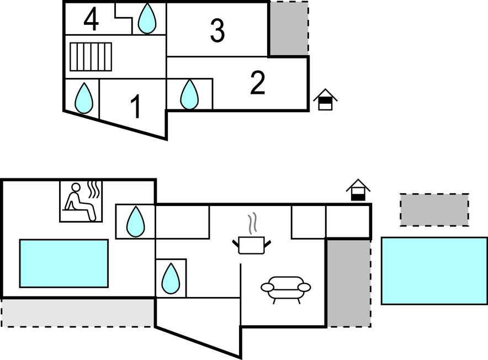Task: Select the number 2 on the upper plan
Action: pos(257,83)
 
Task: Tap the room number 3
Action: pos(218,31)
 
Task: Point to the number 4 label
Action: pos(91,20)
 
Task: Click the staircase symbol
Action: pos(91,57)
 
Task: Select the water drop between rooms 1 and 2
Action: pos(189,94)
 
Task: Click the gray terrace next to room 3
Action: pos(288,28)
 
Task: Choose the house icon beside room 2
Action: pos(325,100)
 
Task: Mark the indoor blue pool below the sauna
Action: pos(63,263)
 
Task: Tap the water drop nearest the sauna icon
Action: pos(135,221)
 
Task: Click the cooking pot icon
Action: pos(251,245)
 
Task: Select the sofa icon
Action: pos(285,289)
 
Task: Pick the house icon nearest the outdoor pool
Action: pos(358,190)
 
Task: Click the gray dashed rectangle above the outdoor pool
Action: pos(434,209)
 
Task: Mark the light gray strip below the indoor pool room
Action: pos(77,313)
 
